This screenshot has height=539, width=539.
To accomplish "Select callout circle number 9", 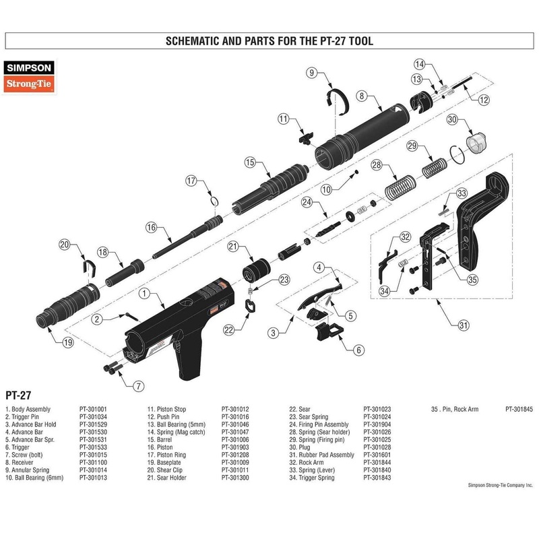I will tap(312, 72).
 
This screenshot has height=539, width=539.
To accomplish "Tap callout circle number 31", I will tap(462, 326).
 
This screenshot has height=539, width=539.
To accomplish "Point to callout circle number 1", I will tap(144, 293).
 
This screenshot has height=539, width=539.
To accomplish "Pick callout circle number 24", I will tap(307, 201).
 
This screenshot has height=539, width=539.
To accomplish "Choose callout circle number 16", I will tap(151, 227).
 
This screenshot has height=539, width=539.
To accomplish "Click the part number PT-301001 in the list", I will tap(93, 408).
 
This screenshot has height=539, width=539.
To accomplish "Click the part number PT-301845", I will tap(519, 408).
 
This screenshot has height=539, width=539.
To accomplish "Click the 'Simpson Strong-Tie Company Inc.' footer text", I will tap(500, 484).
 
